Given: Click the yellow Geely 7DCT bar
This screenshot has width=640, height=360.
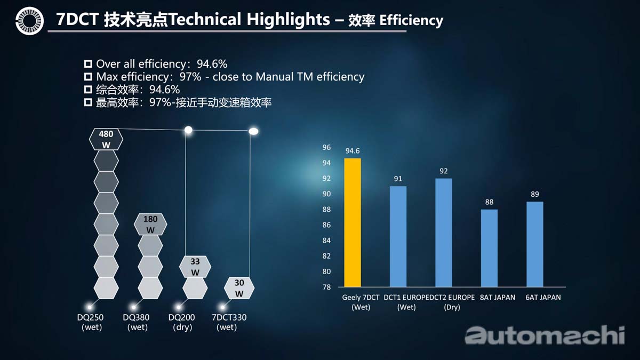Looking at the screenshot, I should (353, 222).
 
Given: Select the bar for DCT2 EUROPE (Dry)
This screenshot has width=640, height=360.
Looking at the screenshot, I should (444, 233).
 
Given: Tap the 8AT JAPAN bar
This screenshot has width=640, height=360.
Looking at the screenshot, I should (489, 248).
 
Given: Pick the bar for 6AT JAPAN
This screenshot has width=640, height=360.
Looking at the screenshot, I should (534, 244).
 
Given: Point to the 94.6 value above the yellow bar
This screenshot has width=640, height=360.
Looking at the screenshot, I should (353, 151).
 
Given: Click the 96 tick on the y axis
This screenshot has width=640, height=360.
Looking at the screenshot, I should (326, 147).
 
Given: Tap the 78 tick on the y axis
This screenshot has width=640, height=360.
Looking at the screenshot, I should (326, 287).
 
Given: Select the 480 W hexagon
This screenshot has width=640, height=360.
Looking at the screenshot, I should (106, 139).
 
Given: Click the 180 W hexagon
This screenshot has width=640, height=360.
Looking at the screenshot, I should (150, 224).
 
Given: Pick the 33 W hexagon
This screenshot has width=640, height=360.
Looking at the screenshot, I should (195, 267).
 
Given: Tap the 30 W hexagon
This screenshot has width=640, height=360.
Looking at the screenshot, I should (239, 288).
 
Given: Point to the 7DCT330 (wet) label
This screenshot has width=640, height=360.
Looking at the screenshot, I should (229, 322).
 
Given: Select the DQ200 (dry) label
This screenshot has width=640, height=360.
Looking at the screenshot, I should (181, 322).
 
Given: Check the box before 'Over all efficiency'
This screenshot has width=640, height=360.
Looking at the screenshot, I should (89, 63).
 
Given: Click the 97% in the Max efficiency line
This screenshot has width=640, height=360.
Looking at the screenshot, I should (190, 77).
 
